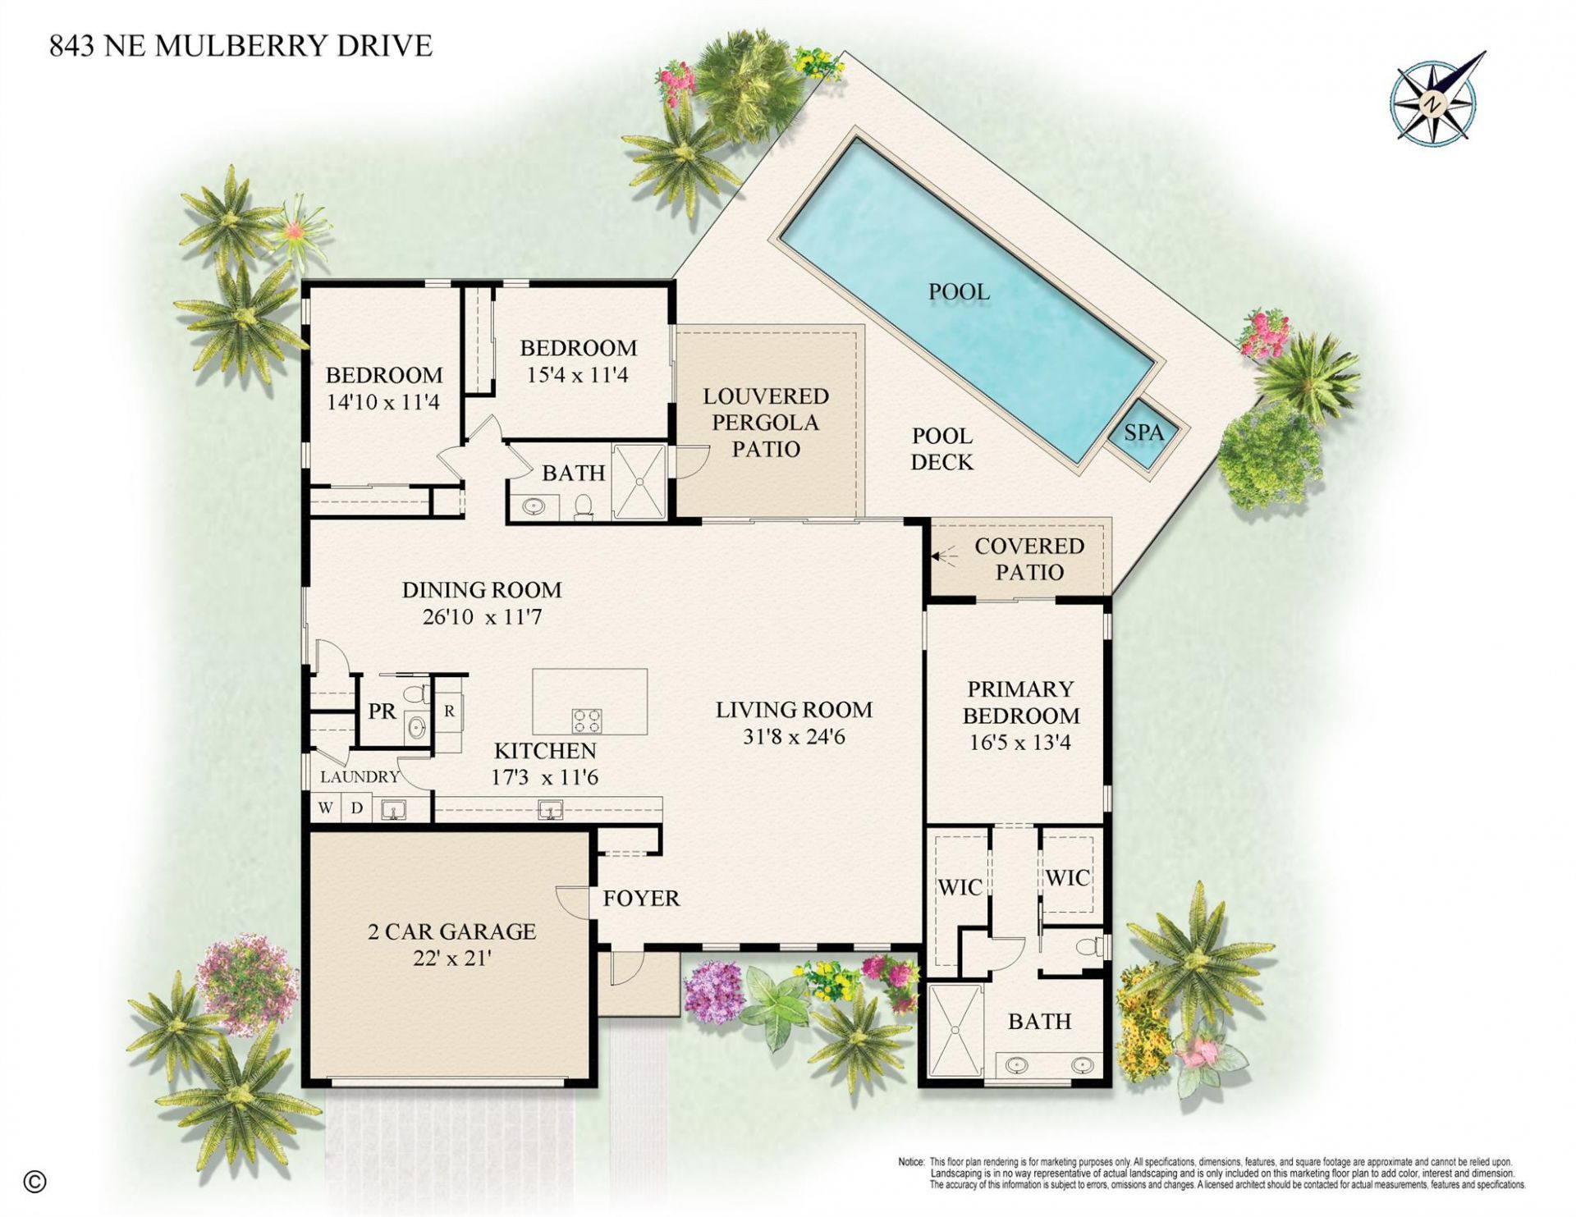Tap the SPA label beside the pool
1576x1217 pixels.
1143,432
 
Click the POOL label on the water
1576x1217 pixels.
959,291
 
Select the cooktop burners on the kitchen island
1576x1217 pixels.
586,721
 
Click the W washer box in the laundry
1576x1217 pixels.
326,808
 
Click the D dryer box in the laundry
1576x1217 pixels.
357,808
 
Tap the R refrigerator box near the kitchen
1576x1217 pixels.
449,711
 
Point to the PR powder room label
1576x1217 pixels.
382,711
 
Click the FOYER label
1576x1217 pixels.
641,899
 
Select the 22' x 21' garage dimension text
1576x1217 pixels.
451,958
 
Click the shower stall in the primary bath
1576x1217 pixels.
955,1030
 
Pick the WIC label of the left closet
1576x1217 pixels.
960,887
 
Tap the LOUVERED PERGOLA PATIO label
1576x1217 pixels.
765,423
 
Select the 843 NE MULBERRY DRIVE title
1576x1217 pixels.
241,46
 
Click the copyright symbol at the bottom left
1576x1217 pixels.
35,1182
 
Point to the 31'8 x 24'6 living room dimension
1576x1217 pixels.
794,737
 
